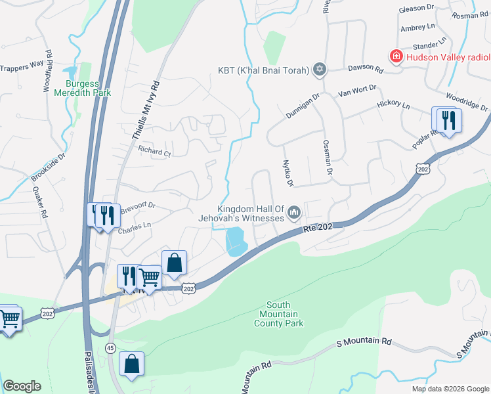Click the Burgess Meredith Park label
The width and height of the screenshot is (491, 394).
(x=89, y=88)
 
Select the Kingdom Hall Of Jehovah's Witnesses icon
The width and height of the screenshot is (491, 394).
(x=294, y=212)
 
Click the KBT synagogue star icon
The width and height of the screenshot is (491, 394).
(x=320, y=69)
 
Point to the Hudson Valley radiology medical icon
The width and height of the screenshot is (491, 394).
(x=396, y=57)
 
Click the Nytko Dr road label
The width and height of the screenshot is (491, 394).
(x=287, y=172)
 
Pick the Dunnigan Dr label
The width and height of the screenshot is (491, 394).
(x=302, y=105)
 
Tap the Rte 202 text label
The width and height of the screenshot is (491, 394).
(x=320, y=227)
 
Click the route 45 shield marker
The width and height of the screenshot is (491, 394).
(x=110, y=347)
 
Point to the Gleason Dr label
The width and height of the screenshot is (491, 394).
(x=417, y=8)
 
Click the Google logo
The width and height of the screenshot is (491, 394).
(x=22, y=386)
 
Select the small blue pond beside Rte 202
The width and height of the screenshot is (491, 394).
(x=236, y=241)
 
